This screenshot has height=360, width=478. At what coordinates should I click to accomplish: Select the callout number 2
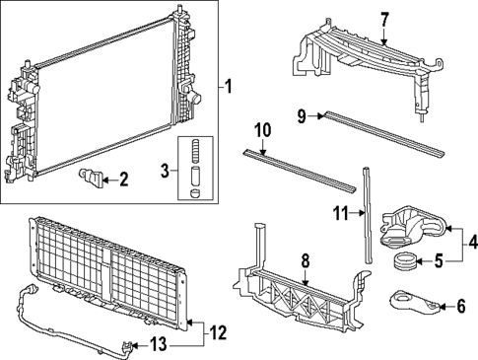(123, 180)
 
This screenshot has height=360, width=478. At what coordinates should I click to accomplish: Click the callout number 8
(307, 261)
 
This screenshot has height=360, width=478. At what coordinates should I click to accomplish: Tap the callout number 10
(261, 131)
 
